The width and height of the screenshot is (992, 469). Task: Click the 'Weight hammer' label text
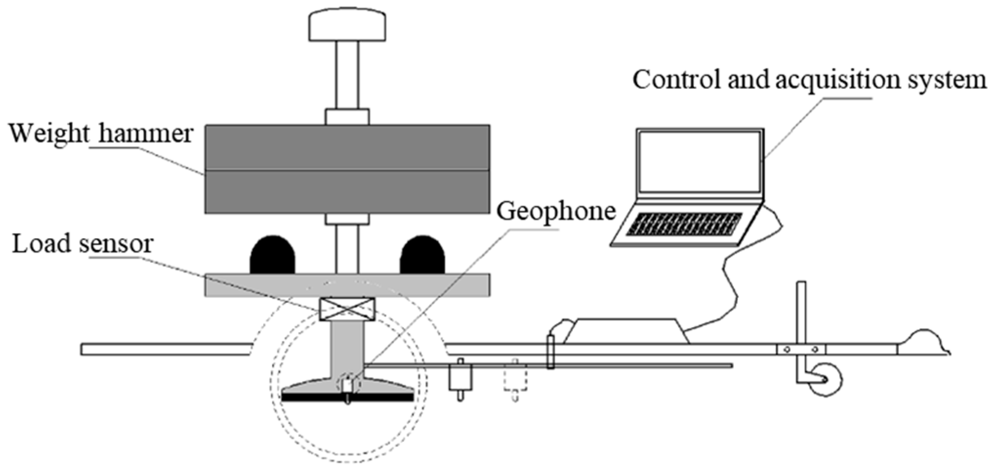[x=101, y=133]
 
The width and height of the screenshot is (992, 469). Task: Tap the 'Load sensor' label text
[x=83, y=243]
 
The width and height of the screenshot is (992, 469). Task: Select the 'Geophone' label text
[x=556, y=211]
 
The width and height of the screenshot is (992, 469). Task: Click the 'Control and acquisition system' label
[x=809, y=80]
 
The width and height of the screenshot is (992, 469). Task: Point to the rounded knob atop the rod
[x=347, y=25]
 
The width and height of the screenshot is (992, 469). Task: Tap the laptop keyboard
[x=684, y=224]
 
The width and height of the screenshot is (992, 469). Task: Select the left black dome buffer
[x=272, y=255]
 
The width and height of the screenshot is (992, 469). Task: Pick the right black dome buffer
[x=422, y=255]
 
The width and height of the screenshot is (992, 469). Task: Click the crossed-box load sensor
[x=347, y=309]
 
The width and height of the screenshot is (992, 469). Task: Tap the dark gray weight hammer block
[x=347, y=169]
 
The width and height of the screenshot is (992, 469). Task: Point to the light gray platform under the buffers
[x=347, y=285]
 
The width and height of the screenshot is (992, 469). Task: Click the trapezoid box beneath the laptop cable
[x=626, y=331]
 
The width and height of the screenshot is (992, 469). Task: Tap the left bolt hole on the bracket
[x=787, y=349]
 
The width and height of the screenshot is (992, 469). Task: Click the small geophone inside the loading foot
[x=347, y=386]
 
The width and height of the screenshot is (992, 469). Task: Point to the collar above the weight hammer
[x=347, y=117]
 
